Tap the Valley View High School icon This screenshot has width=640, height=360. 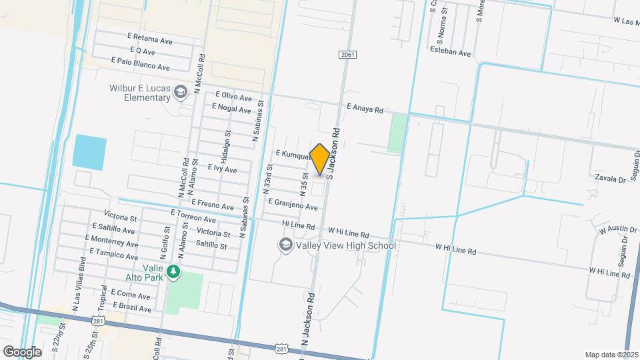coord(285,245)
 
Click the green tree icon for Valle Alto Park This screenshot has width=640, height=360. coord(173,271)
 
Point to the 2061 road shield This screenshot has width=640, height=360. coord(346,54)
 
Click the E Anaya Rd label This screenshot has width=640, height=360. coord(365,108)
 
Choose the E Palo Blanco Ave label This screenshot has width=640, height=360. coord(141,63)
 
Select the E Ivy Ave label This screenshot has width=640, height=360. coord(222,169)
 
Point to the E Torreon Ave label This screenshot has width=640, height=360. coord(193,215)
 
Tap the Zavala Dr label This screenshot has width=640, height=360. coord(611,179)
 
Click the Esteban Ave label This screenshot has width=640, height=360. coord(451,52)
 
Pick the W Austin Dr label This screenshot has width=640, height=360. coord(618,230)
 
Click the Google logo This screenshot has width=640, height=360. coord(22,351)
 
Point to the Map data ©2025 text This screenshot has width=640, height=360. coord(611,355)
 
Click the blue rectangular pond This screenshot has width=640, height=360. coord(90,153)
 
